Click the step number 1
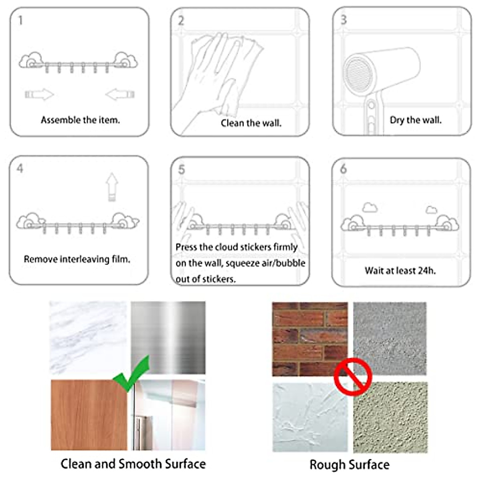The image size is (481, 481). click(x=20, y=20)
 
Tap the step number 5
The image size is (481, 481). click(x=182, y=170)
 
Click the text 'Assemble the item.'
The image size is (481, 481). click(x=80, y=120)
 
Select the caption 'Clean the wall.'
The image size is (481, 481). click(x=251, y=123)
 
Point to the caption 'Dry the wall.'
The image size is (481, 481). click(x=415, y=120)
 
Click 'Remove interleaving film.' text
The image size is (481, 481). click(x=77, y=259)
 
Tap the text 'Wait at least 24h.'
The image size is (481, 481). click(x=400, y=271)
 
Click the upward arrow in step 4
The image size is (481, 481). click(x=112, y=187)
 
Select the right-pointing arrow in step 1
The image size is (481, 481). click(x=39, y=95)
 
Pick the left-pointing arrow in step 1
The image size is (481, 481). click(x=120, y=95)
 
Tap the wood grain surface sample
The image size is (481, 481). click(x=88, y=415)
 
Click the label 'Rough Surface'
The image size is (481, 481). click(x=350, y=465)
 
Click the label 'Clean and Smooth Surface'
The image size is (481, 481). click(x=133, y=464)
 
